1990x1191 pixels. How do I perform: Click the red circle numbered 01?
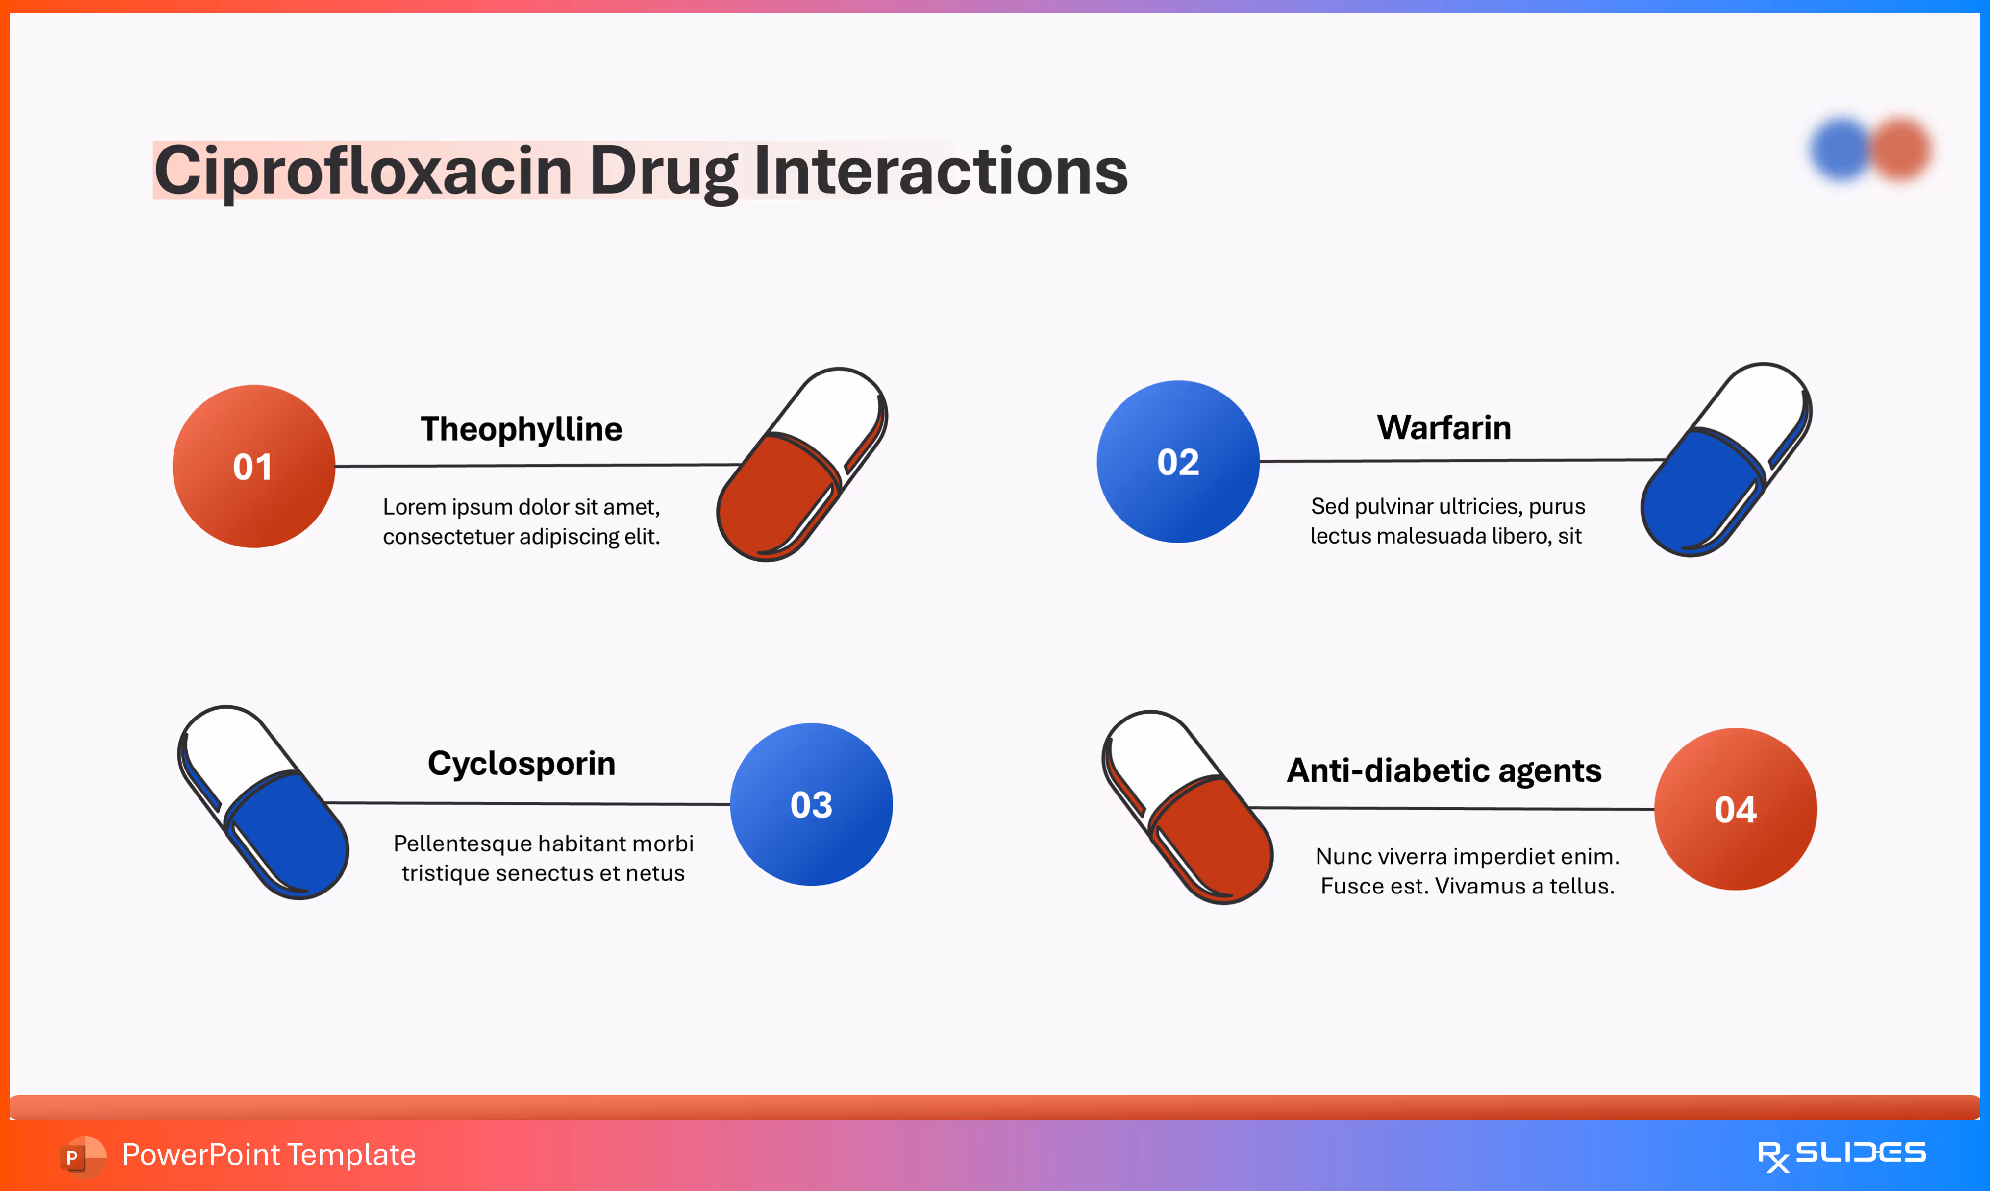point(253,466)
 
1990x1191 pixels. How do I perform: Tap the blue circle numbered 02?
point(1178,462)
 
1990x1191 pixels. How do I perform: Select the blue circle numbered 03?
point(811,804)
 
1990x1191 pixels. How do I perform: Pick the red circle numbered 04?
point(1736,809)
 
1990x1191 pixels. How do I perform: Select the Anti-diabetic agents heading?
point(1443,770)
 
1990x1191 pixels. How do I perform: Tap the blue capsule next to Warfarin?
point(1726,460)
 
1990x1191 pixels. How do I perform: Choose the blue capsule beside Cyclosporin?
point(263,802)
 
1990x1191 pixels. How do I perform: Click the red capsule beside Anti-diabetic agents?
point(1188,807)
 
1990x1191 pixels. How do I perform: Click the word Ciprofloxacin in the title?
point(363,171)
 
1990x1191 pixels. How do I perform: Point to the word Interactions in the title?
point(941,171)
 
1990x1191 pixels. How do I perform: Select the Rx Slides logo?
point(1841,1155)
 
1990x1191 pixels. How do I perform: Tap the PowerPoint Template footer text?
point(269,1155)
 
